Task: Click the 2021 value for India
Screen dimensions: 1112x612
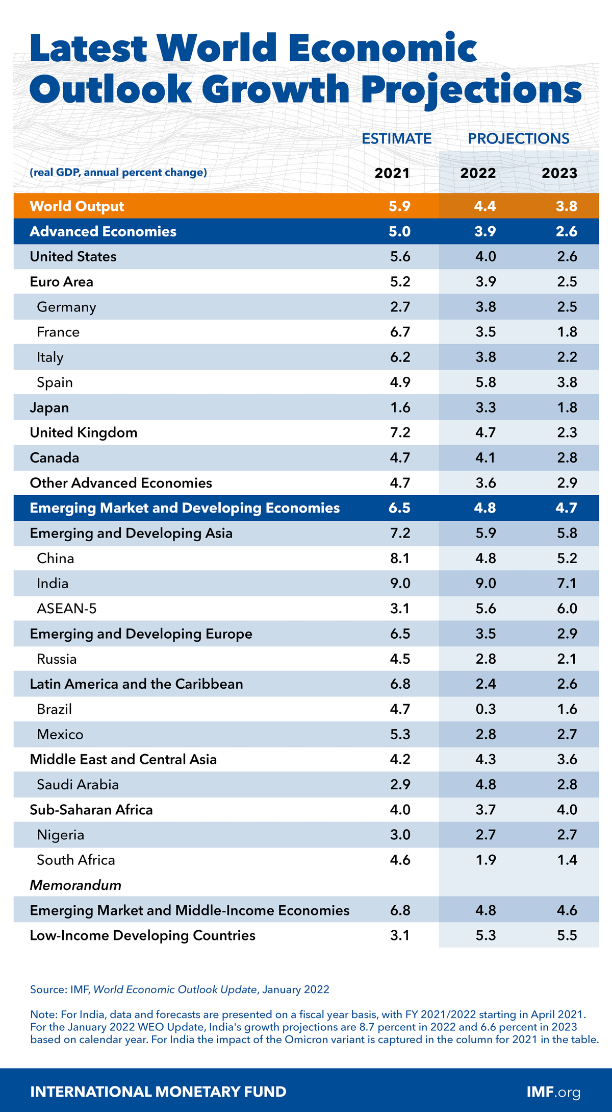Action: pos(400,583)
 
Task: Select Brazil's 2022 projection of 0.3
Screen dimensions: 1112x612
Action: pos(486,709)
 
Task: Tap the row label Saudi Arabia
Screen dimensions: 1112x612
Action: pos(78,784)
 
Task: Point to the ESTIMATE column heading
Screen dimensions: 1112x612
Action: pos(396,138)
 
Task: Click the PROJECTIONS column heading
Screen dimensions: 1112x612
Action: pos(518,138)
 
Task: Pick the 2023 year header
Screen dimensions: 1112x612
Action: pos(559,173)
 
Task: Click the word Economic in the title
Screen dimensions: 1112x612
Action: pos(382,48)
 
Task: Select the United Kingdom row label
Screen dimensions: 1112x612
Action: pos(84,432)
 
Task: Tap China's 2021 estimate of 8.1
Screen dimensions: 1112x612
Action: pos(400,558)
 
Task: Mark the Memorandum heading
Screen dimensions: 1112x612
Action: pos(75,885)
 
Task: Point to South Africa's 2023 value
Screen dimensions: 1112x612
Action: pos(567,860)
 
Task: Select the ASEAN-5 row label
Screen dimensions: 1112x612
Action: pos(67,608)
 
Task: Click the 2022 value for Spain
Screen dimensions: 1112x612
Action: pos(486,382)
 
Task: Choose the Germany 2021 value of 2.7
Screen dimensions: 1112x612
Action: pos(400,307)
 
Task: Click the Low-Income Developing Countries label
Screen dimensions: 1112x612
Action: pos(142,935)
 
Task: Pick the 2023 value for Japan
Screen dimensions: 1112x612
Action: pos(567,407)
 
